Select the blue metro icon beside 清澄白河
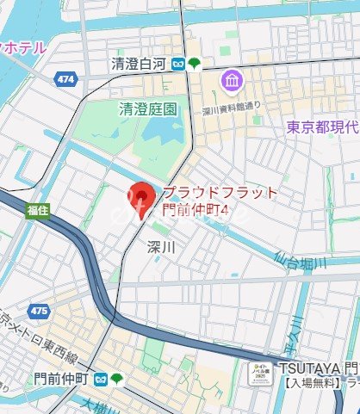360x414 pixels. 178,64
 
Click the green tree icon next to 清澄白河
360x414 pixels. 196,64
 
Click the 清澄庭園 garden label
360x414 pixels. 147,109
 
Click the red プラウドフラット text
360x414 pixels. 220,192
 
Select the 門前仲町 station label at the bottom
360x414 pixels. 59,378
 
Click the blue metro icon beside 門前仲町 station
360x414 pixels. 101,378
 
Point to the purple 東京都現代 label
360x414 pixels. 323,127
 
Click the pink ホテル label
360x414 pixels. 26,47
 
